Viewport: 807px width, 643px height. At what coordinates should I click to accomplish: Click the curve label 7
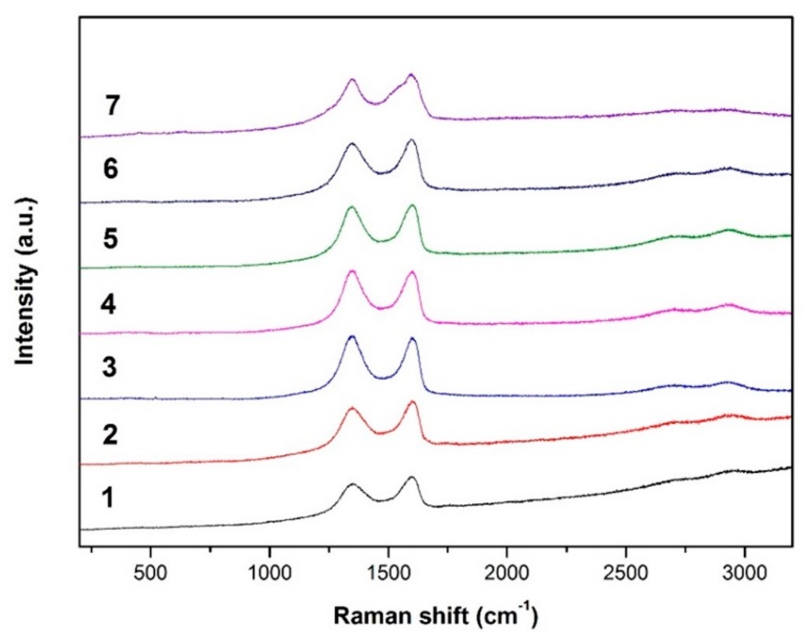click(x=112, y=105)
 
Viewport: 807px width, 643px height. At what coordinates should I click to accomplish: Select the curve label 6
click(x=111, y=169)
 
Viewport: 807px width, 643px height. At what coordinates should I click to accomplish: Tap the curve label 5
click(x=110, y=239)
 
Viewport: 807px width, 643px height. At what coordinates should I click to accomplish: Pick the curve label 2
click(x=110, y=435)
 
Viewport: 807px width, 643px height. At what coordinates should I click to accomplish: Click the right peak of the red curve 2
click(x=412, y=402)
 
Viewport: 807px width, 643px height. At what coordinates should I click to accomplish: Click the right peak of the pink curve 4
click(x=412, y=272)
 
